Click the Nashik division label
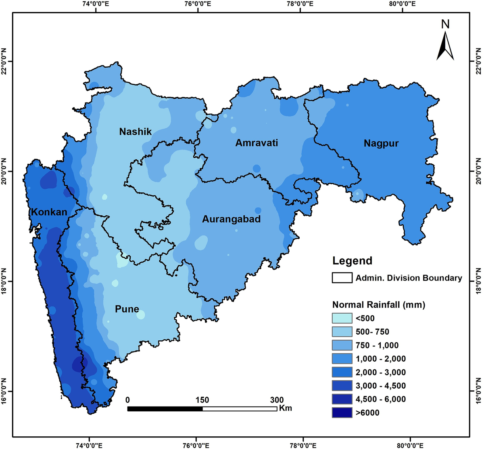tap(136, 131)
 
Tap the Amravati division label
tap(257, 143)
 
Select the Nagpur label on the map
tap(381, 143)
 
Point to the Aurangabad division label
tap(231, 219)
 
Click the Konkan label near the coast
tap(49, 212)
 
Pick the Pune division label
tap(127, 309)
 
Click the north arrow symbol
tap(445, 46)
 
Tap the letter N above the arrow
tap(445, 25)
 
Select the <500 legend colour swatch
tap(342, 318)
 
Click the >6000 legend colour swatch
tap(342, 412)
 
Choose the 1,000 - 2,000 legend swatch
tap(342, 358)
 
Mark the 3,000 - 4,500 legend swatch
tap(342, 385)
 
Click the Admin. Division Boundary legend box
tap(342, 278)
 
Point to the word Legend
tap(352, 261)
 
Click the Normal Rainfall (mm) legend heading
tap(379, 304)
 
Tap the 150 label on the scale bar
tap(202, 400)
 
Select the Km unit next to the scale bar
tap(285, 408)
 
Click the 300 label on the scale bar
tap(277, 400)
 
